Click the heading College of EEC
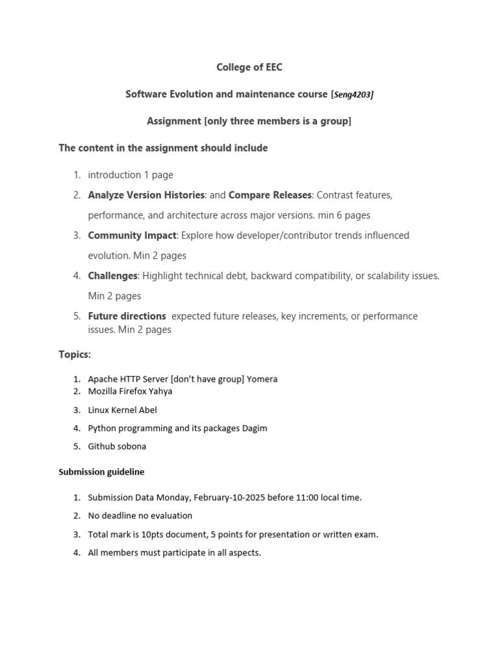249,67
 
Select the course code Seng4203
353,95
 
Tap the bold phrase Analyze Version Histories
146,195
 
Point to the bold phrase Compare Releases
270,195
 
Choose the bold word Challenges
112,276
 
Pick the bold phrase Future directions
127,316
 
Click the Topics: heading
75,355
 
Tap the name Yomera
262,379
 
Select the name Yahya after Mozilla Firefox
161,392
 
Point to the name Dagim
254,429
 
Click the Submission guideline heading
101,472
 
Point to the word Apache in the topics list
102,379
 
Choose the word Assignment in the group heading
174,122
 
